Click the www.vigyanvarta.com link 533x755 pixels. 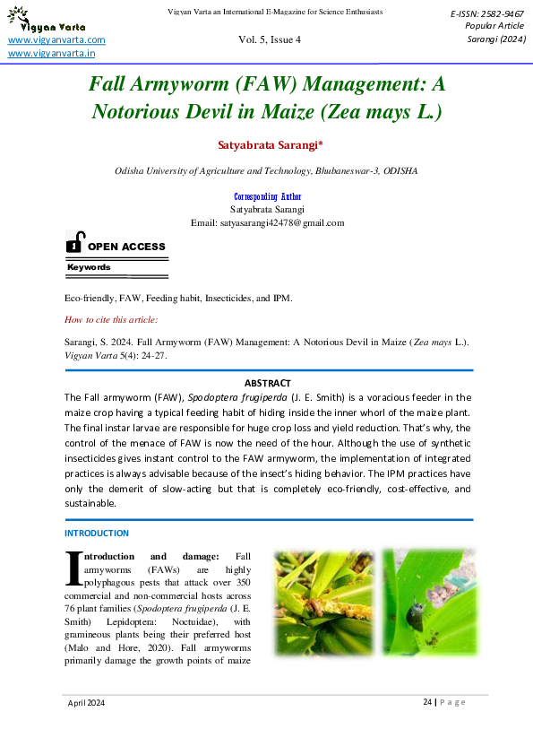(x=56, y=40)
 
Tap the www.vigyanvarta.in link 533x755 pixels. (x=52, y=54)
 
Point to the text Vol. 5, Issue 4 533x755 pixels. (x=270, y=40)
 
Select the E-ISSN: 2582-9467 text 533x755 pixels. (x=487, y=14)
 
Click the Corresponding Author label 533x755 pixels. (x=268, y=196)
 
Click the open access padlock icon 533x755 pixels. (x=75, y=243)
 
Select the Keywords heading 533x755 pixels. (x=89, y=267)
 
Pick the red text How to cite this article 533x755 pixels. (x=111, y=319)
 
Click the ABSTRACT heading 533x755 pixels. (x=267, y=383)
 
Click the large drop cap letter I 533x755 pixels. (x=73, y=567)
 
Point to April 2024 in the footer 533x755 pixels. (x=87, y=703)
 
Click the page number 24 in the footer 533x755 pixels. (x=426, y=702)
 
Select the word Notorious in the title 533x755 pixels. (x=146, y=112)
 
